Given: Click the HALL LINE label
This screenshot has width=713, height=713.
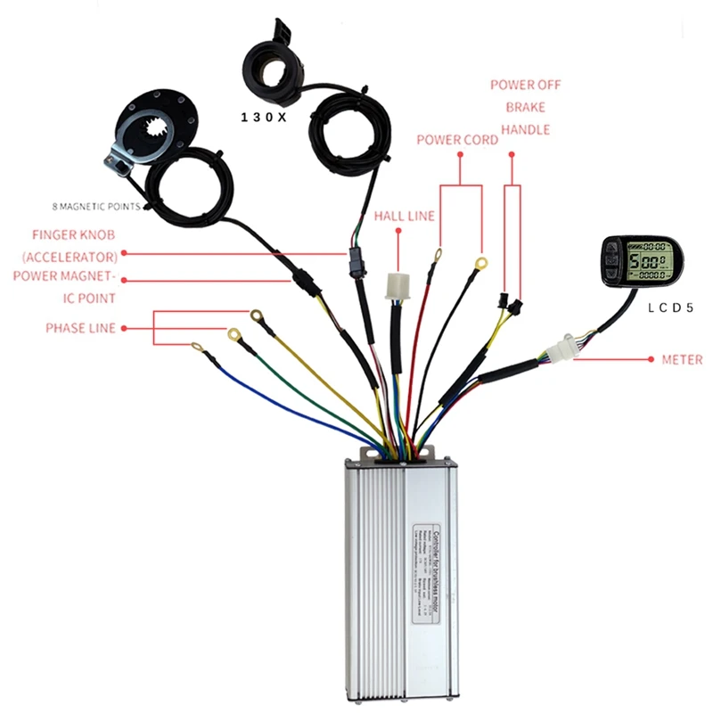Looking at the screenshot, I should pos(404,216).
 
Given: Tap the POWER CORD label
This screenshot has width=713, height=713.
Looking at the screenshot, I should pos(457,140).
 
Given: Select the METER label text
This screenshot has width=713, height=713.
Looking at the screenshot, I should pos(682,360).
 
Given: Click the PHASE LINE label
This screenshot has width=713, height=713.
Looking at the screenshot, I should pos(80,328).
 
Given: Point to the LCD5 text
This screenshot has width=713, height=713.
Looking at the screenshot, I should pos(673,308).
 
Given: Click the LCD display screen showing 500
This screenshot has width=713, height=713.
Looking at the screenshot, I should pos(644,264).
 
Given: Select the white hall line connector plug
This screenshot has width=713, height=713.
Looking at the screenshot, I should pos(396,284).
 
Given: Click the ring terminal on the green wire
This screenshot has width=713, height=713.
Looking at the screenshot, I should pos(235,335).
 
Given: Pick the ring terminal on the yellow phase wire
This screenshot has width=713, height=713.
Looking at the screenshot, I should pos(257,315).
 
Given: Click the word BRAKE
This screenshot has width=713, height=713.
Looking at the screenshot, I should pos(525,107).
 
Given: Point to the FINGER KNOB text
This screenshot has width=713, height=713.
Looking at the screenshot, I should pos(73,236).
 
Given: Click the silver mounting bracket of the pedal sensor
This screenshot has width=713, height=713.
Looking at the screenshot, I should pos(119,156).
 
